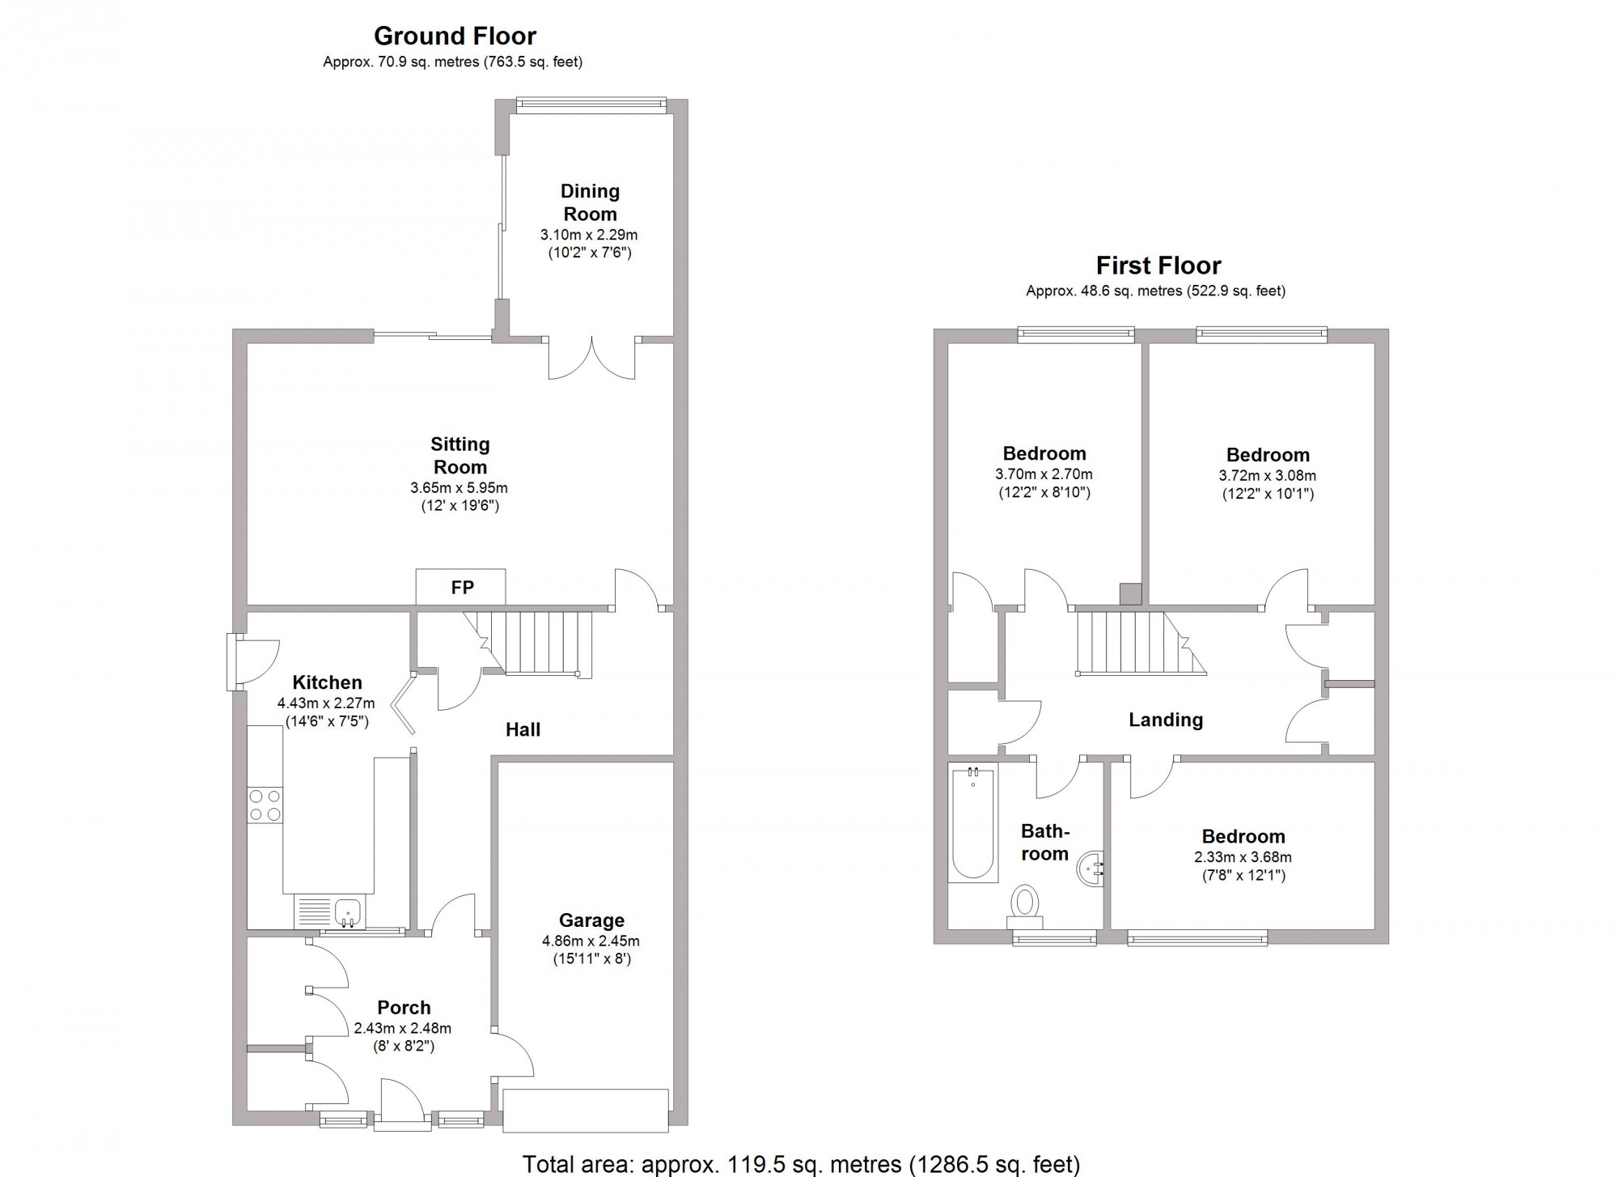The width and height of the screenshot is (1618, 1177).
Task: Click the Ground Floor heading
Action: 455,36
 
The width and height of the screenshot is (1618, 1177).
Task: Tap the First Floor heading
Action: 1158,266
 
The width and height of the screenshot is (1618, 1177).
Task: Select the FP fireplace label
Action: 462,588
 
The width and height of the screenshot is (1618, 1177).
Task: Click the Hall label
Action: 523,729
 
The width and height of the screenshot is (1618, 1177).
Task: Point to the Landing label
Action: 1166,720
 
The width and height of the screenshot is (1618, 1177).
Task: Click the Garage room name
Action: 591,920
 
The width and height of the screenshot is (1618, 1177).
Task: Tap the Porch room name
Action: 404,1008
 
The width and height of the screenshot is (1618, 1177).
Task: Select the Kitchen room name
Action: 327,682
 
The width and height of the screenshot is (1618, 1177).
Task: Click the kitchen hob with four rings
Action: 265,805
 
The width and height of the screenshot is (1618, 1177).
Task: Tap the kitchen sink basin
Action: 349,912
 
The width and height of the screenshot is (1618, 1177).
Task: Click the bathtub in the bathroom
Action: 973,822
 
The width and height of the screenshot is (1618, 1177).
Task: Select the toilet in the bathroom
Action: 1025,907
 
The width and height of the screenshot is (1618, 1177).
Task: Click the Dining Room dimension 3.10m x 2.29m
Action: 589,236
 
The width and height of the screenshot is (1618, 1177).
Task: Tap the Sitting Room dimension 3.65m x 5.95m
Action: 460,488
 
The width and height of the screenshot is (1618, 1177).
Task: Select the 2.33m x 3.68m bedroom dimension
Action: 1243,857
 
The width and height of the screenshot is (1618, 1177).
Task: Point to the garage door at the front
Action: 586,1111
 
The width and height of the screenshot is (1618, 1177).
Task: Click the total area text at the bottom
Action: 801,1164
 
